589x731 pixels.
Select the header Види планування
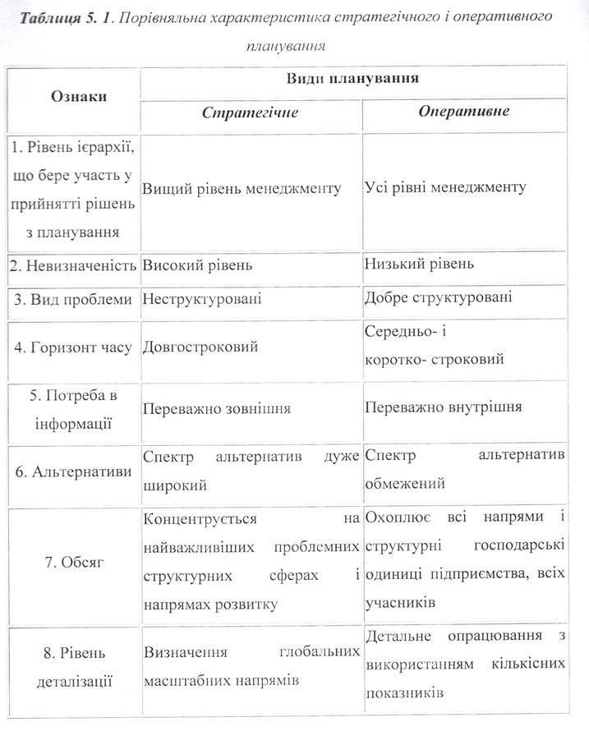(352, 79)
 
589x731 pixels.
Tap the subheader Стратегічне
(250, 112)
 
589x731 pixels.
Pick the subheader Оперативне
(463, 111)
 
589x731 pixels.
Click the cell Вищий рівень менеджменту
(242, 188)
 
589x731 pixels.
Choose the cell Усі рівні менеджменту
(445, 188)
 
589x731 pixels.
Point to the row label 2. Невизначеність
(72, 265)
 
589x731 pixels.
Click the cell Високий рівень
(197, 265)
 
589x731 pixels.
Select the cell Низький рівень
(419, 264)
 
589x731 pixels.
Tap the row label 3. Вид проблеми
(71, 299)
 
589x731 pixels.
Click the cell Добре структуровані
(438, 297)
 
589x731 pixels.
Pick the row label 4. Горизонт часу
(71, 347)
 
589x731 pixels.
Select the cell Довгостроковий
(200, 347)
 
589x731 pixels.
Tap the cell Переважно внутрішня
(443, 407)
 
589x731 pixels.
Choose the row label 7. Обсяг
(72, 563)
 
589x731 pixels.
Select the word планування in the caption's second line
(285, 45)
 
